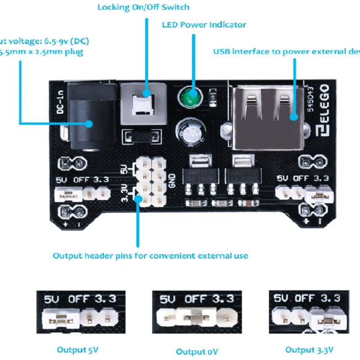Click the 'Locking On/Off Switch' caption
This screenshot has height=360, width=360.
[x=143, y=7]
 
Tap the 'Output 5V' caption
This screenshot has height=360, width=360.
[x=77, y=350]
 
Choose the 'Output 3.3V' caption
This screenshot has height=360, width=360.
[x=308, y=350]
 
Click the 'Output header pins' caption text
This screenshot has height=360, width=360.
[x=150, y=256]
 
